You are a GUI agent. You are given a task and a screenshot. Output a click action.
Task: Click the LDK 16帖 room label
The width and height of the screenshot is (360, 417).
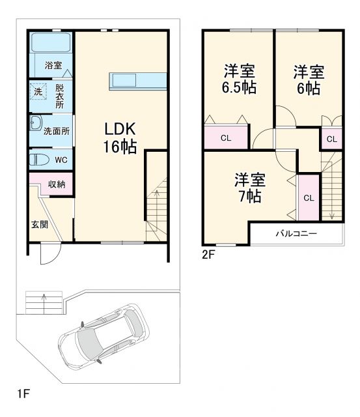coord(118,137)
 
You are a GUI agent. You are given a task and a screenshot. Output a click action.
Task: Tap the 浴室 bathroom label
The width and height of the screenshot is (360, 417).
coord(53,65)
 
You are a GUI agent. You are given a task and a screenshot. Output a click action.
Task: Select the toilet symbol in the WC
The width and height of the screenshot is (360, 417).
coord(39,159)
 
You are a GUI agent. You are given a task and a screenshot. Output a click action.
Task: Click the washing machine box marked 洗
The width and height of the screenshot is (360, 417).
coord(38,93)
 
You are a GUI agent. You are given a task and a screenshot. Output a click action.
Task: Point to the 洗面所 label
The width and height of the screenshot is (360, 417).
coord(57,130)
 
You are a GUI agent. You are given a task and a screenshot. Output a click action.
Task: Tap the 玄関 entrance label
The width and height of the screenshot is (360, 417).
coord(39,224)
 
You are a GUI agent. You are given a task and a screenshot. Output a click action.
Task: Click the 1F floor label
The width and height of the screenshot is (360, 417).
coord(23,394)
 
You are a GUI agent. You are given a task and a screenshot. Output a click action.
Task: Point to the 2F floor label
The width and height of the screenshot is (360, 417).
coord(208,255)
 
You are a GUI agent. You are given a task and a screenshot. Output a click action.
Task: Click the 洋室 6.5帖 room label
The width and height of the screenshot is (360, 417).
coord(239,79)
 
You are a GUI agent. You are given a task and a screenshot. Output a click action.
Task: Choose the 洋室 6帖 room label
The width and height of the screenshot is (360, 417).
coord(308,79)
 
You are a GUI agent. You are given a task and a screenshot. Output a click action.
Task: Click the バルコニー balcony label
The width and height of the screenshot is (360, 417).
coord(296,233)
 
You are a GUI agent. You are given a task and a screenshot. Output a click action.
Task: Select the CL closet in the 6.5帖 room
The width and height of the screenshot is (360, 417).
coord(225,137)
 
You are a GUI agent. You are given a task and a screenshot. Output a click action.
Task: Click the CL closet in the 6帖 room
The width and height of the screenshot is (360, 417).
coord(331,139)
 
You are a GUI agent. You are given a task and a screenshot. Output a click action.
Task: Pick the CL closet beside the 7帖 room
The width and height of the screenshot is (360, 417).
coord(309,198)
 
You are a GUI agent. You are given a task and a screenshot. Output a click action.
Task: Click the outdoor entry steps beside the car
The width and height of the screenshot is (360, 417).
coord(44,302)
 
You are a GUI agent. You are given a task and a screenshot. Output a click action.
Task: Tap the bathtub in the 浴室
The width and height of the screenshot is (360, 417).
coord(51,45)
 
